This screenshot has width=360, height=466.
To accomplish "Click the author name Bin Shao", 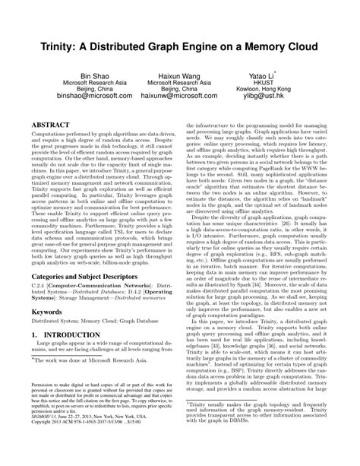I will (x=96, y=78).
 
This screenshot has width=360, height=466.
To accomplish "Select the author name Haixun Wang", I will (x=180, y=78).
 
